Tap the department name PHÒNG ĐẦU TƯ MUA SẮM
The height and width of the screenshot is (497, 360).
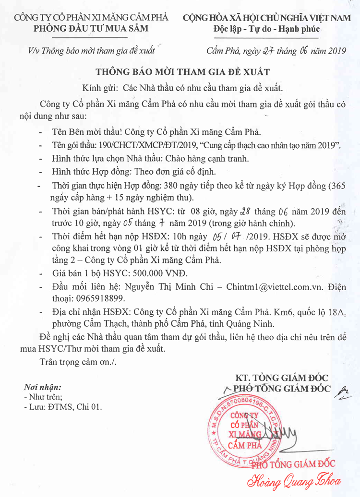coord(91,28)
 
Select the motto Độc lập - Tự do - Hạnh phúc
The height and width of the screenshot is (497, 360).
coord(266,29)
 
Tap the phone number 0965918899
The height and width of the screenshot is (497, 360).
coord(93,298)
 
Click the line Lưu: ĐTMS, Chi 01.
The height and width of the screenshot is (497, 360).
coord(62,407)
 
